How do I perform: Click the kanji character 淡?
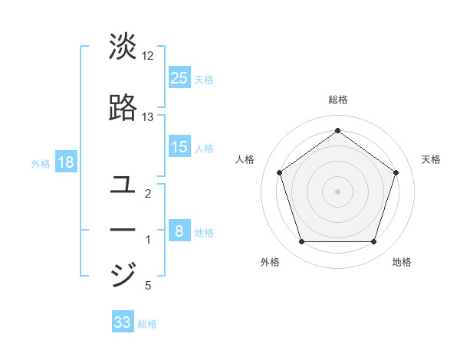[123, 47]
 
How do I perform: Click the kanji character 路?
[123, 108]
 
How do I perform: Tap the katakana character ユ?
[123, 185]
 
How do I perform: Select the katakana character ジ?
[123, 274]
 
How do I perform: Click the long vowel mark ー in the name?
[123, 230]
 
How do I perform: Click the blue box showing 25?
[179, 77]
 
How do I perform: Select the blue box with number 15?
[179, 147]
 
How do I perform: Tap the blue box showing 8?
[179, 231]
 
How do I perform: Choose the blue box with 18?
[66, 162]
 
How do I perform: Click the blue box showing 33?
[123, 322]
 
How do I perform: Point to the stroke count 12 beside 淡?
[148, 56]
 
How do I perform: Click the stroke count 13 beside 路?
[148, 117]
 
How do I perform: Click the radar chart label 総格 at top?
[338, 100]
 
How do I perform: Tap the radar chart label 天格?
[431, 159]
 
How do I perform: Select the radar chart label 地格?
[402, 262]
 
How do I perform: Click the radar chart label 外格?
[270, 262]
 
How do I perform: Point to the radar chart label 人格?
[245, 159]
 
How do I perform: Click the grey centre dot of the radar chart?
[337, 191]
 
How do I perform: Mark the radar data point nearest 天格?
[396, 172]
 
